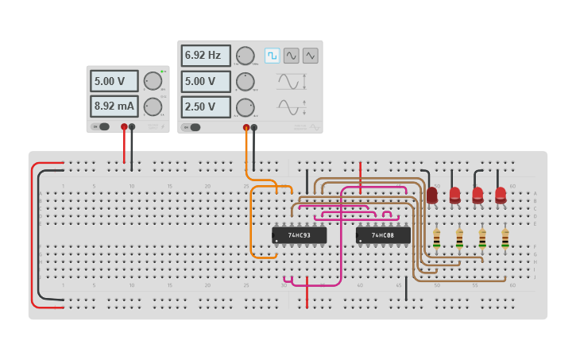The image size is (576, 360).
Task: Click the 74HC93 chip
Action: pos(299,235)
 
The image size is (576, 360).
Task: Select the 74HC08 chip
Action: pos(383,235)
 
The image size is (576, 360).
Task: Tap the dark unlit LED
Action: pos(431,195)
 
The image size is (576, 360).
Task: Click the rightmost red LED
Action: pos(501,195)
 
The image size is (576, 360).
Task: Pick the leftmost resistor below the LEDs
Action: pos(436,238)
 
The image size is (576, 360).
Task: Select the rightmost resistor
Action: pos(504,238)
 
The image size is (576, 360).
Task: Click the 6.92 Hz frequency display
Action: pos(206,56)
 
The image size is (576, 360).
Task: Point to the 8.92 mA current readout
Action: pos(114,106)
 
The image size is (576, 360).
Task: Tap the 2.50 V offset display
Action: pos(206,106)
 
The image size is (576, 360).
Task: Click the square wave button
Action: pos(273,56)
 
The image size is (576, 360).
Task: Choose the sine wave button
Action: pos(292,56)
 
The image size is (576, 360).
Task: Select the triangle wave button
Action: pos(310,56)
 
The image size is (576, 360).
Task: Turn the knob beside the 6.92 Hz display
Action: pos(245,56)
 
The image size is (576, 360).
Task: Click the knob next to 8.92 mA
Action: pos(153,106)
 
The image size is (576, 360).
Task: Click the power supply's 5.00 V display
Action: pos(114,81)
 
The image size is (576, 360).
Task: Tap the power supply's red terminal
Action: pos(124,126)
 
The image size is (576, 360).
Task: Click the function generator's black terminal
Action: pos(254,127)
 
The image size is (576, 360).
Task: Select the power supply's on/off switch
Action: pos(100,126)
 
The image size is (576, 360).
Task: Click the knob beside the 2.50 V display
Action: pos(245,106)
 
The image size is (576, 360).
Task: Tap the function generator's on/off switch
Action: pos(191,127)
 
